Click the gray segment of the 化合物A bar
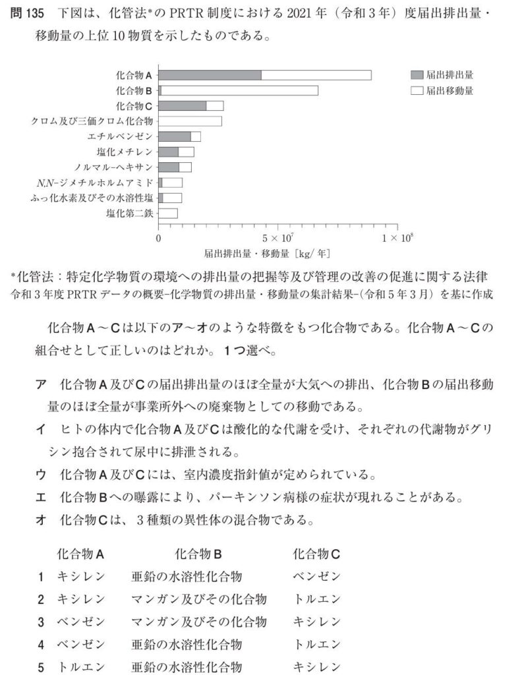coord(210,75)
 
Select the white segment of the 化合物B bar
coord(239,90)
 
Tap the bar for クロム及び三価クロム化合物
coord(190,121)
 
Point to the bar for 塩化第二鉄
coord(168,213)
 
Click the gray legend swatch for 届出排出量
coord(416,75)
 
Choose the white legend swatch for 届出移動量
coord(416,90)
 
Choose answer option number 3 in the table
coord(41,622)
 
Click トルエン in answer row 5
coord(81,667)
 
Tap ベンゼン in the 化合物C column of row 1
coord(316,577)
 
